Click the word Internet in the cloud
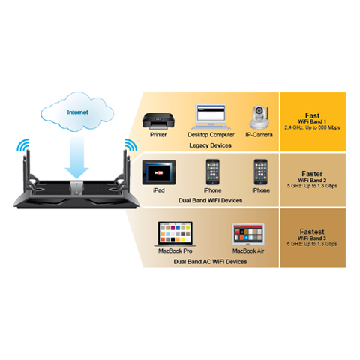tap(78, 112)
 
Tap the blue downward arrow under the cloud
tap(76, 157)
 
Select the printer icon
tap(158, 121)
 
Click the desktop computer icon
tap(211, 117)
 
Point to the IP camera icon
tap(259, 118)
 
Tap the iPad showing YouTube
tap(159, 172)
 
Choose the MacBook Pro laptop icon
tap(175, 234)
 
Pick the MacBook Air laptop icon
tap(248, 235)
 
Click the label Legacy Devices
tap(210, 145)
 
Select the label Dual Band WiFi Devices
tap(210, 200)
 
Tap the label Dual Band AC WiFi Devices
tap(210, 262)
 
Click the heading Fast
tap(312, 115)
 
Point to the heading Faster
tap(312, 174)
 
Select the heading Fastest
tap(312, 232)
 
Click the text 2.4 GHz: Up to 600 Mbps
tap(312, 127)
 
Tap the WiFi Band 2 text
tap(312, 180)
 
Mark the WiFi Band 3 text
tap(312, 238)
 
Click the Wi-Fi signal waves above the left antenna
tap(23, 145)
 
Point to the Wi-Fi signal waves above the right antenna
tap(130, 145)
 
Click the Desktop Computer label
tap(211, 135)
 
